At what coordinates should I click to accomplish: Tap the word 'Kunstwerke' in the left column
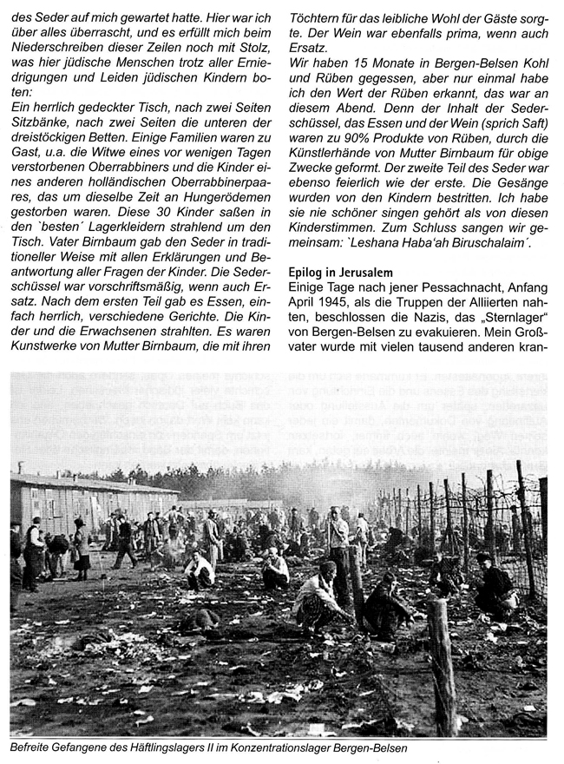[52, 372]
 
